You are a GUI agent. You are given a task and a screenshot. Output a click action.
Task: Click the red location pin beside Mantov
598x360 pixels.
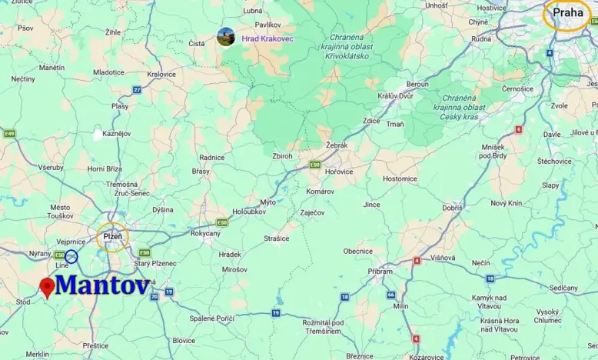point(47,287)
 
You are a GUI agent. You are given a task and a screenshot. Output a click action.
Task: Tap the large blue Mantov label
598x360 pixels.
point(103,285)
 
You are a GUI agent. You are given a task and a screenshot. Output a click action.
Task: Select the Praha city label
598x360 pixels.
point(569,12)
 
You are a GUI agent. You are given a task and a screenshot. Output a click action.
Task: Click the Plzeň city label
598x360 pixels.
point(113,235)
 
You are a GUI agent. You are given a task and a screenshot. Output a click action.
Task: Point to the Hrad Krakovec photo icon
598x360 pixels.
point(225,37)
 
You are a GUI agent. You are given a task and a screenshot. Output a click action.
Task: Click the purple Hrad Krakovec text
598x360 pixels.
point(267,38)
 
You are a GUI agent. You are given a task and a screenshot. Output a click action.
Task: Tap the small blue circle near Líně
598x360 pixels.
point(71,256)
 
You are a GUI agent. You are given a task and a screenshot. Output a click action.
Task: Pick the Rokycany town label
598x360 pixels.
point(205,234)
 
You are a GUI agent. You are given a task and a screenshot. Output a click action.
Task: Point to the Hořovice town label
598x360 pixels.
point(338,172)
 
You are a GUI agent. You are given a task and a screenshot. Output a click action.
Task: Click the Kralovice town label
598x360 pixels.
point(161,74)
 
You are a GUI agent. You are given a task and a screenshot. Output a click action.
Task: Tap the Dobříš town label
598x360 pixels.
point(452,208)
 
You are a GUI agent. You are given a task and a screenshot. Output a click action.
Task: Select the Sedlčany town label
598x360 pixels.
point(563,288)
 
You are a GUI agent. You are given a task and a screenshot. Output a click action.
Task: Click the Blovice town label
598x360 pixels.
point(184,340)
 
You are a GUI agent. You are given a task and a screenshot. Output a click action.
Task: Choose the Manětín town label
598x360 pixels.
point(51,68)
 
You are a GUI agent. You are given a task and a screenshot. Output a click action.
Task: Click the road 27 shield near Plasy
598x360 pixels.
point(137,90)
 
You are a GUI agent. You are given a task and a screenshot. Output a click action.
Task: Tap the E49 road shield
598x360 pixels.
point(9,134)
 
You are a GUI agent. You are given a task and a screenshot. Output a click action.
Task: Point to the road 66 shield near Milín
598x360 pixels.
point(391,295)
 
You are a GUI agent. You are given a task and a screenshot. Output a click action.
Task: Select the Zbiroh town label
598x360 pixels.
point(281,155)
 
